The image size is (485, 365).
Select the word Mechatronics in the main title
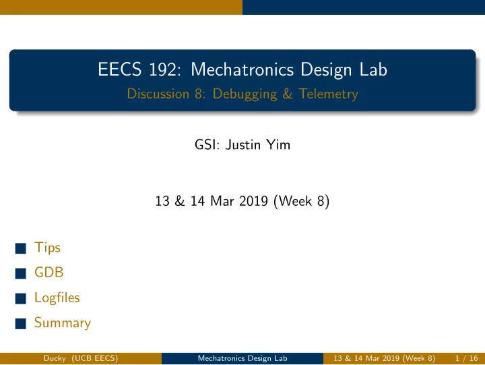pyautogui.click(x=243, y=69)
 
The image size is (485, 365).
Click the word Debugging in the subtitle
pyautogui.click(x=245, y=94)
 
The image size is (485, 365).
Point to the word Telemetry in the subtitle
pyautogui.click(x=329, y=94)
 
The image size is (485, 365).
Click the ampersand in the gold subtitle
pyautogui.click(x=288, y=94)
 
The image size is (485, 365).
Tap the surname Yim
pyautogui.click(x=278, y=144)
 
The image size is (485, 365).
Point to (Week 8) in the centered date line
pyautogui.click(x=302, y=201)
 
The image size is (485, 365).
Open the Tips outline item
pyautogui.click(x=47, y=248)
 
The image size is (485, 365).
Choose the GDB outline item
pyautogui.click(x=49, y=273)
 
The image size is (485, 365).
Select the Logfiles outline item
pyautogui.click(x=57, y=298)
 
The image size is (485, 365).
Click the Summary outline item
pyautogui.click(x=63, y=323)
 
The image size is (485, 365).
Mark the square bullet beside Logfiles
pyautogui.click(x=21, y=298)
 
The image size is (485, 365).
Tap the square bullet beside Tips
pyautogui.click(x=21, y=248)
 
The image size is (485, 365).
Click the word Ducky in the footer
pyautogui.click(x=55, y=358)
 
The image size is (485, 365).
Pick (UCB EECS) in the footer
pyautogui.click(x=95, y=358)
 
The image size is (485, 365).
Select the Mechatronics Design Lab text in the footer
pyautogui.click(x=243, y=358)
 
